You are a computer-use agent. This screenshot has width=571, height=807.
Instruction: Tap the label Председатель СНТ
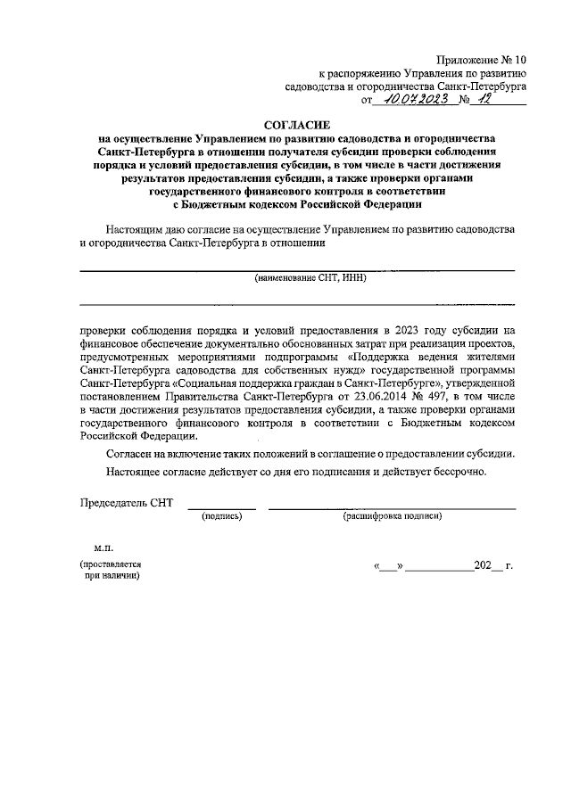126,504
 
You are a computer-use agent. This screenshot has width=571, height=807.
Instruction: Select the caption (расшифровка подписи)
393,516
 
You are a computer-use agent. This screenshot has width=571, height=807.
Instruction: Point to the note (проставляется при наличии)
111,571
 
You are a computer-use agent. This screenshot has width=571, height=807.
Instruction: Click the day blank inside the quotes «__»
390,566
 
